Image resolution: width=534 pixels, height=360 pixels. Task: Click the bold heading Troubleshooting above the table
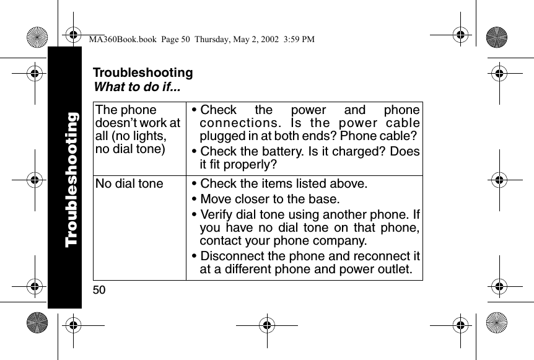tap(142, 73)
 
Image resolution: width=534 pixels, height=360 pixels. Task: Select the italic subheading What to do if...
tap(136, 86)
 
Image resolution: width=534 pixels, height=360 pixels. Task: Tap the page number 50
tap(99, 289)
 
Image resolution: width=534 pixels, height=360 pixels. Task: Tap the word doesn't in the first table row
tap(118, 123)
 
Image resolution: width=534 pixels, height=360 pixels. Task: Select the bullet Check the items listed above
tap(284, 184)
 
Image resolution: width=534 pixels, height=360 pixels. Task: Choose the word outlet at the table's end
tap(396, 270)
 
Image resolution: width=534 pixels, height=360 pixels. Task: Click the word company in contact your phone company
tap(340, 241)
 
